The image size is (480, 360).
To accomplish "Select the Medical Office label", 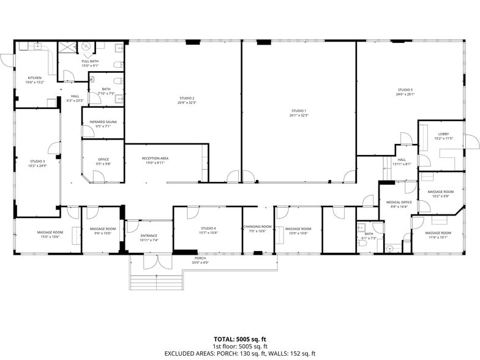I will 398,204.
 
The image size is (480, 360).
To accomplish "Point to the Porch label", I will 201,260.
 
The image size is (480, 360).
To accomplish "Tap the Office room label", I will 103,161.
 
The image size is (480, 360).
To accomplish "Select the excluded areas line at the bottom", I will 239,353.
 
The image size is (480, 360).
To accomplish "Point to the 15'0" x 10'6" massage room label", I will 50,234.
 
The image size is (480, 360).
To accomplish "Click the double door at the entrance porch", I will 157,262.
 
